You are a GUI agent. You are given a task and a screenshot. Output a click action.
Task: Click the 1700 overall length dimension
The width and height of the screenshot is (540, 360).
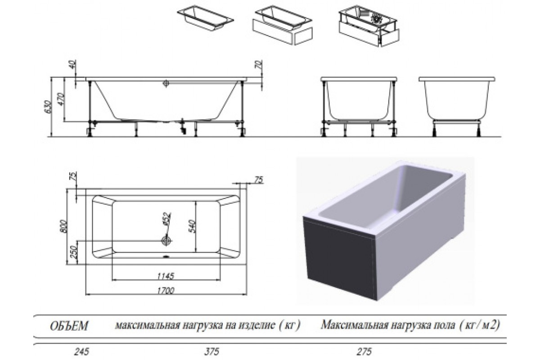click(166, 291)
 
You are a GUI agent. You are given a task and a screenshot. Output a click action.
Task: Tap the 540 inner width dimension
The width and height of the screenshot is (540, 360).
click(192, 226)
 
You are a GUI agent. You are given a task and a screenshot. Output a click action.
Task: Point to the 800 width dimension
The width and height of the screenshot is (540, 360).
click(63, 226)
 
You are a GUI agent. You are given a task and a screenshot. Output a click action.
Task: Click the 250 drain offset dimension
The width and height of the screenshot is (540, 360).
click(74, 252)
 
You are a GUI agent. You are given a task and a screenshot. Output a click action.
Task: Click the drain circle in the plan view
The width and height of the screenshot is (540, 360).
click(166, 240)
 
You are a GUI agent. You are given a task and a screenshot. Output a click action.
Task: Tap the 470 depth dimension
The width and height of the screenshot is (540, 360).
click(61, 99)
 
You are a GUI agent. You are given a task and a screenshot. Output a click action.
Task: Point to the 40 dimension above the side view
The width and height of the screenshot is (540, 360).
click(73, 64)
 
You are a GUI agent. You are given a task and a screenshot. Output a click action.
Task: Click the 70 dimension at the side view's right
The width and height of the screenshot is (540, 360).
click(258, 65)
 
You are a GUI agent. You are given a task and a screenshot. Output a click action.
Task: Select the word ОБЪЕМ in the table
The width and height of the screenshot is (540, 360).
click(69, 326)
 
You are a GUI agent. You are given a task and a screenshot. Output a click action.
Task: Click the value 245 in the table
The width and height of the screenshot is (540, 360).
click(81, 351)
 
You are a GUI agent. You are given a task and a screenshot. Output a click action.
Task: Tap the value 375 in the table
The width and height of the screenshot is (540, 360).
click(211, 351)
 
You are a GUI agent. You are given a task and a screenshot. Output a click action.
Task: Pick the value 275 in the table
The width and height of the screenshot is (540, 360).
click(364, 351)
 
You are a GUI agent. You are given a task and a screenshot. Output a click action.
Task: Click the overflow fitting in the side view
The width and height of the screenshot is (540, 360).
click(166, 83)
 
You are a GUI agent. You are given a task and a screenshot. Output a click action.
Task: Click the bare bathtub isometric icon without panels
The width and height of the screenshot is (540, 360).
click(205, 18)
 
